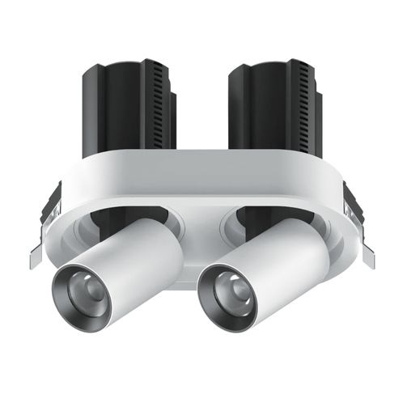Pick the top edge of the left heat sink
pos(125,63)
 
